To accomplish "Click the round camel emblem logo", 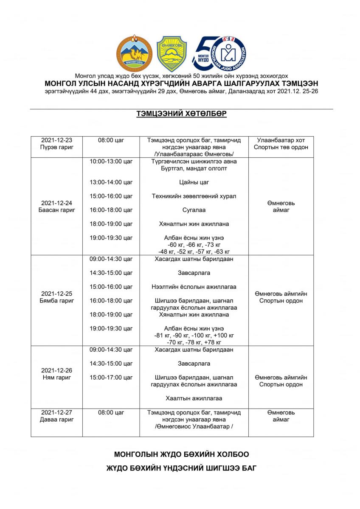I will click(134, 53).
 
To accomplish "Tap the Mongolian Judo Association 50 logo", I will click(220, 53).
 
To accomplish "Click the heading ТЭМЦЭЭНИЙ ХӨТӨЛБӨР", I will click(181, 114).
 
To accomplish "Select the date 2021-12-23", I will click(56, 140).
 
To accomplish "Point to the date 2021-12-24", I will click(56, 203).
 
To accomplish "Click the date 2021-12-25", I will click(56, 294).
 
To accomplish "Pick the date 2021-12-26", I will click(56, 370).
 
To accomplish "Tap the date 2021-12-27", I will click(56, 412).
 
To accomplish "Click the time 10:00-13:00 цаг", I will click(111, 162).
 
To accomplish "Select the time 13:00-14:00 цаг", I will click(111, 182).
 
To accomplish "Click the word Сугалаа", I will click(194, 210).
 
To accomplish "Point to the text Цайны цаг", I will click(194, 182).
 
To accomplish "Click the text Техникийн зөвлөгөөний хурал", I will click(194, 196).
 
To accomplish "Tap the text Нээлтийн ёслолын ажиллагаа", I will click(194, 287).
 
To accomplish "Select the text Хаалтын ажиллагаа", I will click(194, 398).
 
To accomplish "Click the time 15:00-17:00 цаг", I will click(111, 378).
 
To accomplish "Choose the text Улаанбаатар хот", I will click(281, 140).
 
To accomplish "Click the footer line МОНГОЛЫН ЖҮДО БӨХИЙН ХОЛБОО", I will click(181, 454).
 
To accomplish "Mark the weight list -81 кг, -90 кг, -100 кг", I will click(194, 336).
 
